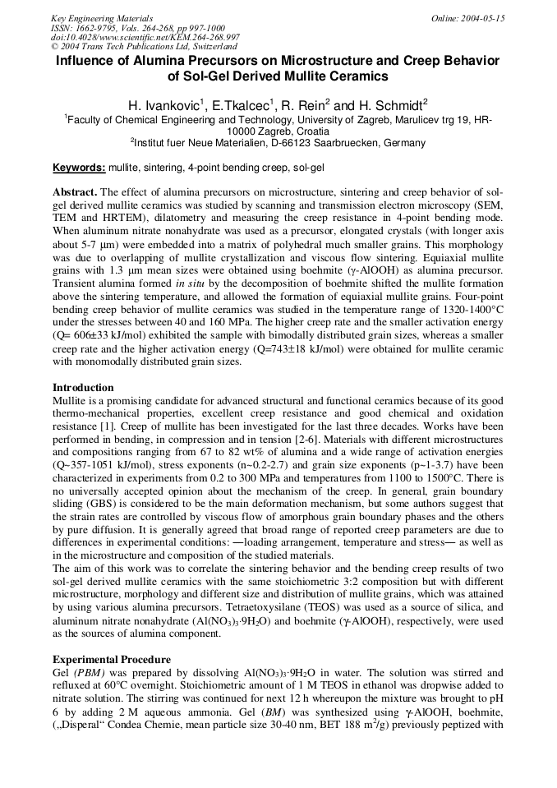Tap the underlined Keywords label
79,168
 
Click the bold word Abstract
75,192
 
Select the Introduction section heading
83,388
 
